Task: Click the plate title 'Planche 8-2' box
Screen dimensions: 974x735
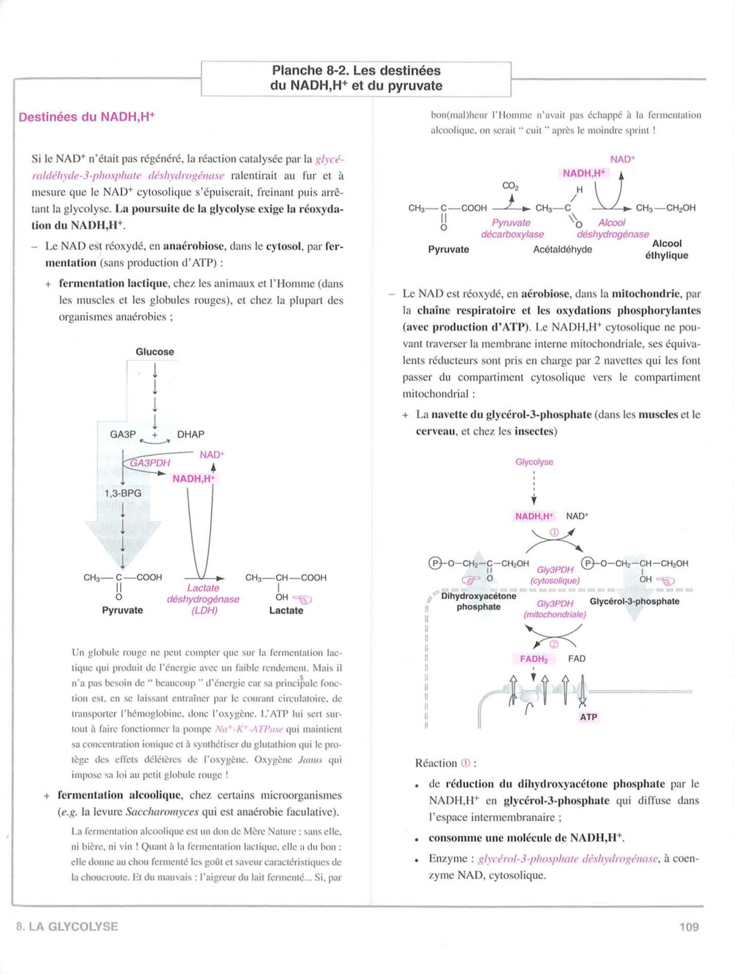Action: [356, 79]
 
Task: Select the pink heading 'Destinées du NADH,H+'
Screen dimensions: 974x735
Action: [86, 117]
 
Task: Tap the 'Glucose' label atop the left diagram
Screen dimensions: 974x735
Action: [155, 352]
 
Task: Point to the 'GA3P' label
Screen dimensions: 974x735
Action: [123, 434]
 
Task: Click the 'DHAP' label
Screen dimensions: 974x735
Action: [191, 434]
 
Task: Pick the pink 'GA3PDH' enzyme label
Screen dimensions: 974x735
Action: [150, 463]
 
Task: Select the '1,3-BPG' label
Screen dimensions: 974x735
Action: [123, 493]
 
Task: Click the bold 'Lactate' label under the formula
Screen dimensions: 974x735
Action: [286, 611]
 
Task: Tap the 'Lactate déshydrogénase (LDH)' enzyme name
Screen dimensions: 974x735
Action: [203, 599]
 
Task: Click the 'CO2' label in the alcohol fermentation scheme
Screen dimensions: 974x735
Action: [510, 185]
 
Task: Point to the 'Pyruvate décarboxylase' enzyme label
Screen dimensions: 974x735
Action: [511, 228]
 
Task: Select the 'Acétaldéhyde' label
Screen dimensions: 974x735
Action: [562, 250]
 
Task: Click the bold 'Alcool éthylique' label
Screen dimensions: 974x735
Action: [667, 249]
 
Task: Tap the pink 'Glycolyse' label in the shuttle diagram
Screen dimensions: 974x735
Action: [534, 462]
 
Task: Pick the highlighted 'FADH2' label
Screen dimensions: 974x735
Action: [533, 659]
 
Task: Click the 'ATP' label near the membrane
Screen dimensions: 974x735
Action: [588, 717]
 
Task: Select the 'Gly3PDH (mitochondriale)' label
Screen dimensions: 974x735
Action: [554, 609]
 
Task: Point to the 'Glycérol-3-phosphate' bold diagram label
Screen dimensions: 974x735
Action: [634, 602]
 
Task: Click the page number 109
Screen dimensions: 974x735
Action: [689, 927]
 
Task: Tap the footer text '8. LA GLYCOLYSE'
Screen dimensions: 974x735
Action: [67, 927]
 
